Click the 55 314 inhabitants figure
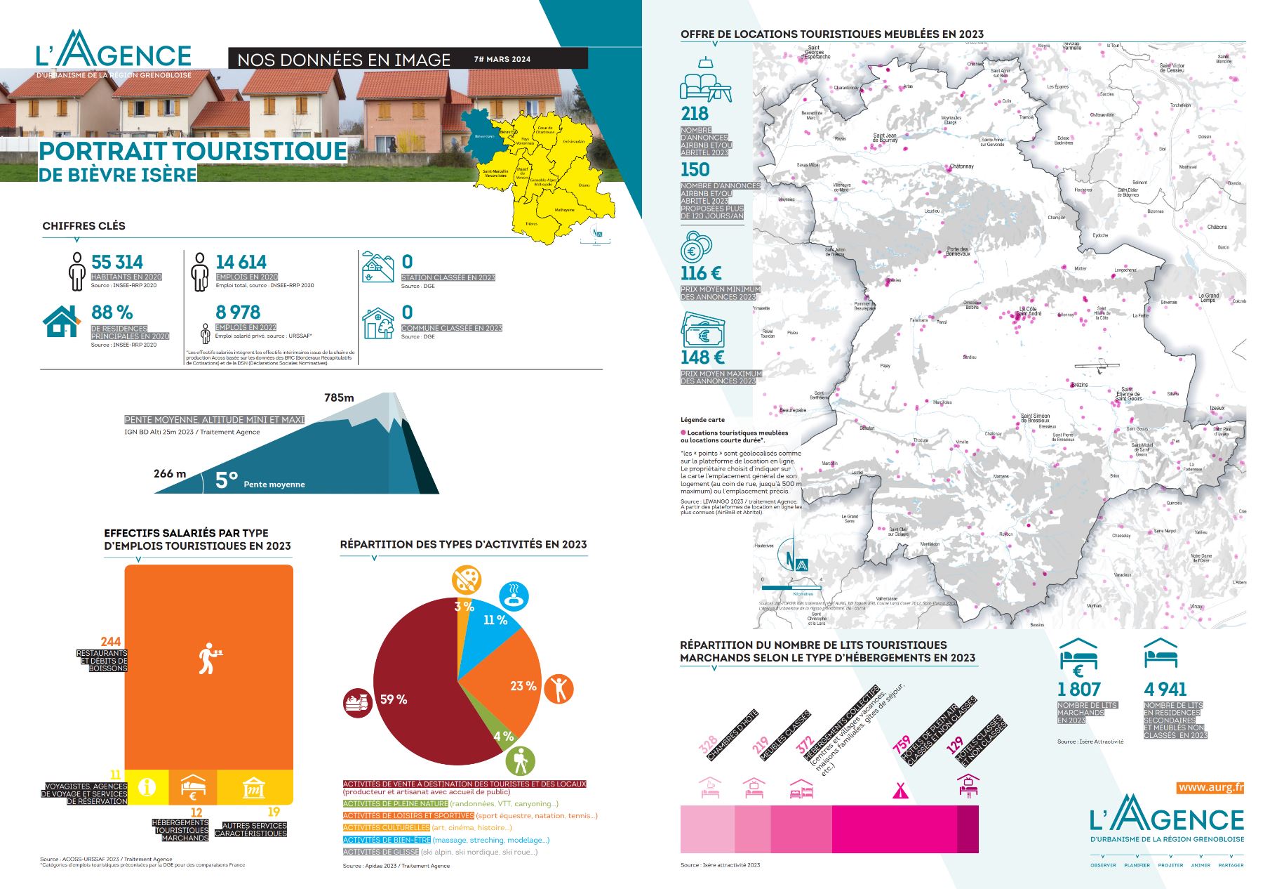click(117, 262)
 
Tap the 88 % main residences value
click(112, 312)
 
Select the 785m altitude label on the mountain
click(339, 397)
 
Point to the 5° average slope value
click(226, 480)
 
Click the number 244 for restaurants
click(111, 641)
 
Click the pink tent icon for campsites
click(901, 790)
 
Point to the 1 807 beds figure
click(1079, 690)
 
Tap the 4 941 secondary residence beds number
click(1165, 690)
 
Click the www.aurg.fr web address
click(1211, 787)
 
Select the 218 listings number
click(695, 114)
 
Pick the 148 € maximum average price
click(702, 357)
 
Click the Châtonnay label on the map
click(961, 166)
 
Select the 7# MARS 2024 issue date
click(502, 59)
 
